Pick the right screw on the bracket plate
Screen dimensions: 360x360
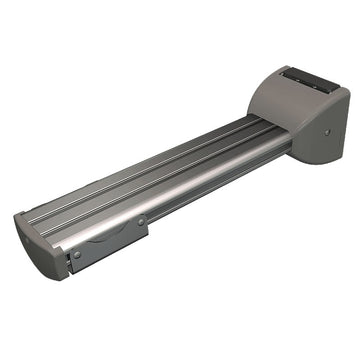click(x=141, y=221)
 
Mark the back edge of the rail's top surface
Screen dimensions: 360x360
click(x=150, y=150)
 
